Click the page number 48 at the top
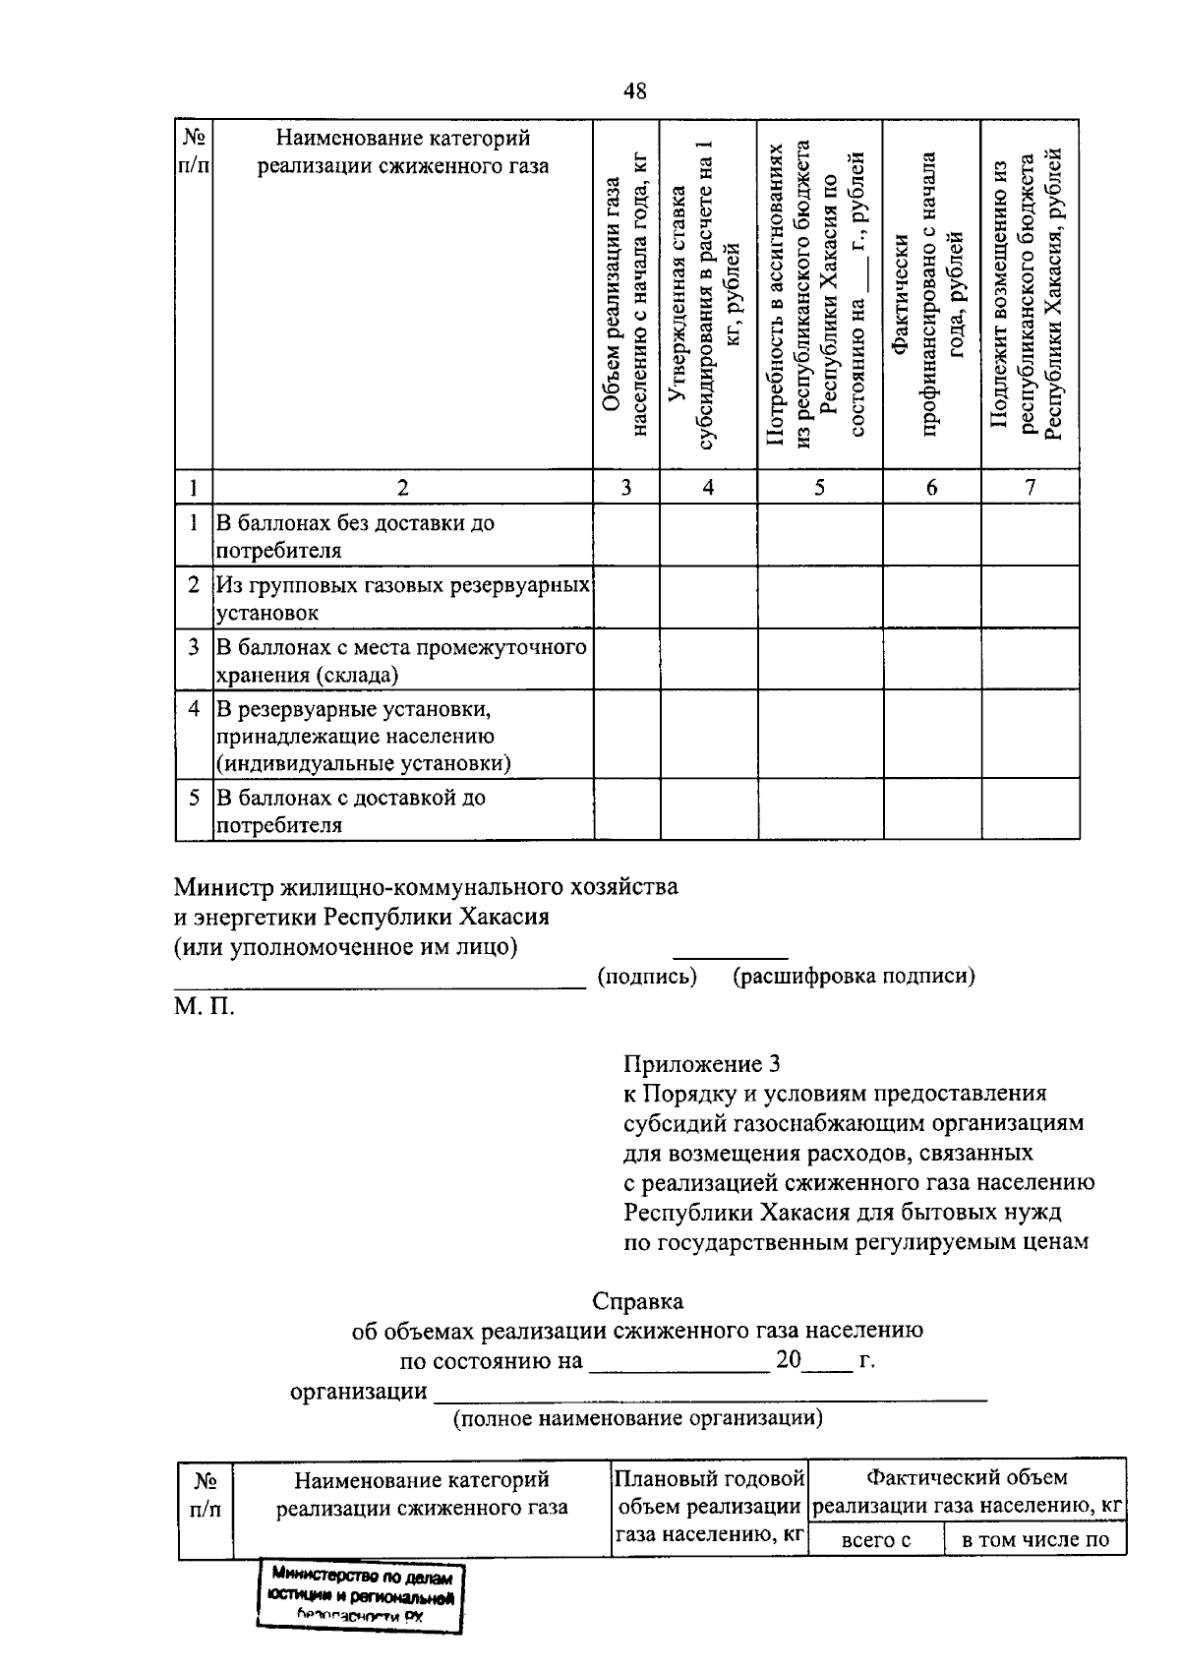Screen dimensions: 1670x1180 coord(634,91)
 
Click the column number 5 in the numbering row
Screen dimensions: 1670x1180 coord(819,487)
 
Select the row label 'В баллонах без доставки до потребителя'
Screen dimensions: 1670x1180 coord(355,536)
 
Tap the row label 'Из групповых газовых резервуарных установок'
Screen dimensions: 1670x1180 coord(402,598)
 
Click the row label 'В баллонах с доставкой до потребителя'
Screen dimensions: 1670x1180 coord(351,810)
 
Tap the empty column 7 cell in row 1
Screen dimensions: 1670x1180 coord(1030,535)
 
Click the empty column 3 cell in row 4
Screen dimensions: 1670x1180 coord(626,735)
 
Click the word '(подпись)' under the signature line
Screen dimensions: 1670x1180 coord(647,976)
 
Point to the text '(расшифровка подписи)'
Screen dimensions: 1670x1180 coord(854,976)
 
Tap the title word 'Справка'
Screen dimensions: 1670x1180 coord(638,1301)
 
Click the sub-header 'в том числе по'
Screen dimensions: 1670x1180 coord(1034,1539)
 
